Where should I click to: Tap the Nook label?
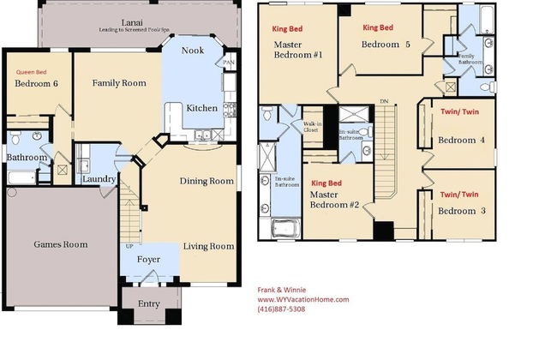click(x=193, y=51)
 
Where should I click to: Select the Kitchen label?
click(x=201, y=108)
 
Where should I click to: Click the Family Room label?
click(x=119, y=83)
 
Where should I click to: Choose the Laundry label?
click(x=99, y=178)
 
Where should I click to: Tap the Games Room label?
click(x=61, y=245)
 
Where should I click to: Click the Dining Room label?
click(x=207, y=181)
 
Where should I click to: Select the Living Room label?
click(x=208, y=247)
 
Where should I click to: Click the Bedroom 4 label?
click(x=461, y=141)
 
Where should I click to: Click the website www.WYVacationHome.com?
click(x=303, y=299)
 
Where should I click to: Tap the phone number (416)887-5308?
click(x=281, y=309)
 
